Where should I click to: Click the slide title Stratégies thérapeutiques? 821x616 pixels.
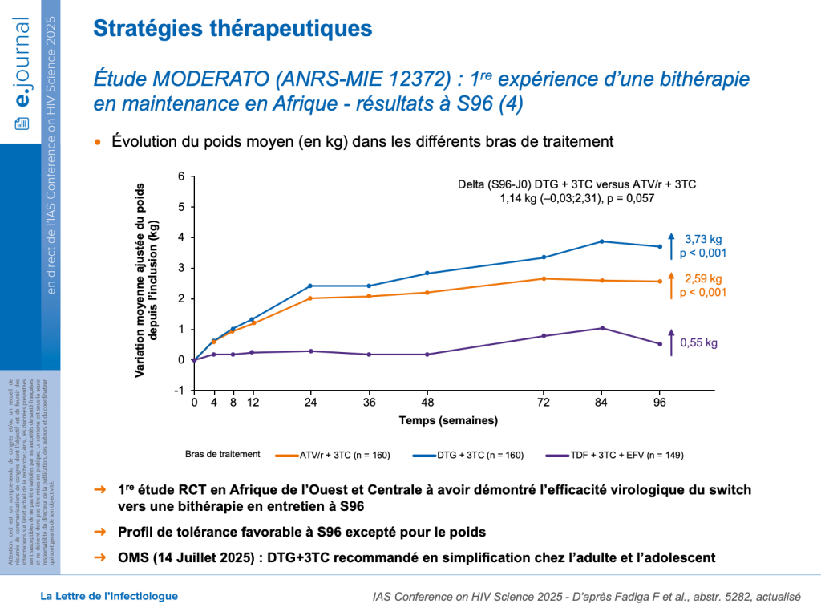click(x=233, y=29)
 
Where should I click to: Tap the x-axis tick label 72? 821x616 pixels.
click(x=544, y=403)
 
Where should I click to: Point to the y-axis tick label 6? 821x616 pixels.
click(x=182, y=176)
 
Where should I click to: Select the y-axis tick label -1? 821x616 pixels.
click(x=180, y=391)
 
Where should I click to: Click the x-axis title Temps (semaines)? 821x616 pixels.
click(x=448, y=420)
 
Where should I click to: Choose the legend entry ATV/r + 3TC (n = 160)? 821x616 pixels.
click(x=345, y=455)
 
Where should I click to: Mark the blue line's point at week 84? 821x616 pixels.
click(x=602, y=241)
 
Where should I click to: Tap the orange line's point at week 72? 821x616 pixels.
click(x=544, y=278)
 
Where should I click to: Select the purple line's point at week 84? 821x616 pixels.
click(x=602, y=328)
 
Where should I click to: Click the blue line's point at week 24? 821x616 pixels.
click(x=310, y=286)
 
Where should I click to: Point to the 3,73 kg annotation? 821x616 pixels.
click(x=703, y=239)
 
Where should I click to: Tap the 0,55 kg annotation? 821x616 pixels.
click(x=700, y=342)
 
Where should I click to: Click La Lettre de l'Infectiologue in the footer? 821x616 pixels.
click(x=109, y=596)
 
